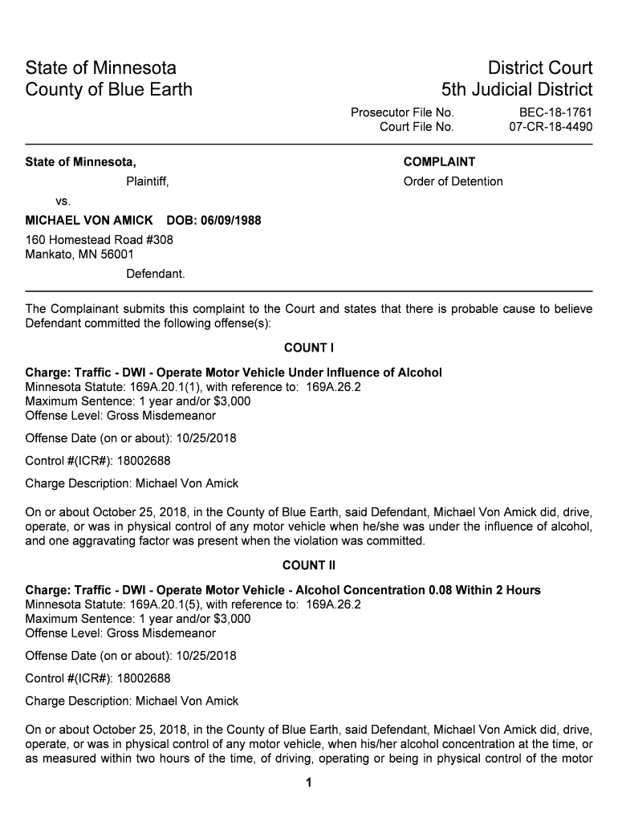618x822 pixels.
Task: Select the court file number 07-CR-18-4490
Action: pos(551,127)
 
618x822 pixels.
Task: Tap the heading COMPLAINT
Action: pos(439,162)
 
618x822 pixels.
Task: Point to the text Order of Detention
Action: pos(453,181)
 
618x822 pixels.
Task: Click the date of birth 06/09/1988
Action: pos(233,221)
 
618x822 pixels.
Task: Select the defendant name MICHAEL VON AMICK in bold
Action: pos(89,221)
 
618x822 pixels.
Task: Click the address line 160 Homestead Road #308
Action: pos(100,240)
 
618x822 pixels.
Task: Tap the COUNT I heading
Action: pos(308,348)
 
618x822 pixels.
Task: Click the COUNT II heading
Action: pos(308,566)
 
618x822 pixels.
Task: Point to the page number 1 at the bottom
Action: pos(309,783)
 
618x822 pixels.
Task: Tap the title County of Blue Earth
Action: pos(109,89)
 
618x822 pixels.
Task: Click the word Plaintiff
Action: pos(147,181)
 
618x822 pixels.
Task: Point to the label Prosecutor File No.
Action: pos(402,112)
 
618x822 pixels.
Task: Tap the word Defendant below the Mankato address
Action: pos(156,275)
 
